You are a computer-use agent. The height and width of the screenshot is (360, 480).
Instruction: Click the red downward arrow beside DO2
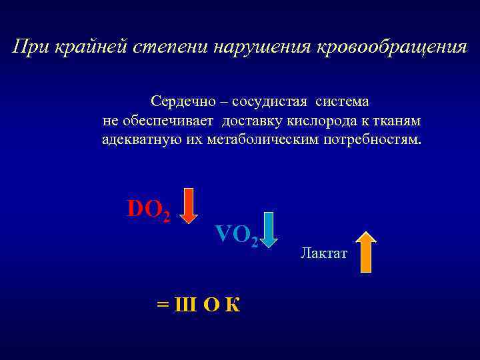[189, 206]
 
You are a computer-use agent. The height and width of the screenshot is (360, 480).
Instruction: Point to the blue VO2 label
[236, 234]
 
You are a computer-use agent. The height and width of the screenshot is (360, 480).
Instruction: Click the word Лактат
[323, 253]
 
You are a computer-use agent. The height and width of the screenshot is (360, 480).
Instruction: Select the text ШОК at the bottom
[207, 305]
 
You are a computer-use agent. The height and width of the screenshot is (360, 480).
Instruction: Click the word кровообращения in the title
[391, 48]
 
